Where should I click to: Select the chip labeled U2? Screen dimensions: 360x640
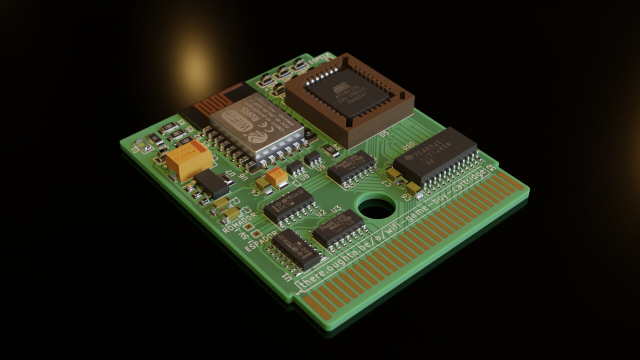[x=288, y=204]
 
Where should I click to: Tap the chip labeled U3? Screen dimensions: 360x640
[x=338, y=227]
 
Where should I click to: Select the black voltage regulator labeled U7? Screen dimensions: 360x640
[x=211, y=183]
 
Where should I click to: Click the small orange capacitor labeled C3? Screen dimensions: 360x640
[x=276, y=176]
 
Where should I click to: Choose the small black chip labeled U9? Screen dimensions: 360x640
[x=313, y=158]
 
